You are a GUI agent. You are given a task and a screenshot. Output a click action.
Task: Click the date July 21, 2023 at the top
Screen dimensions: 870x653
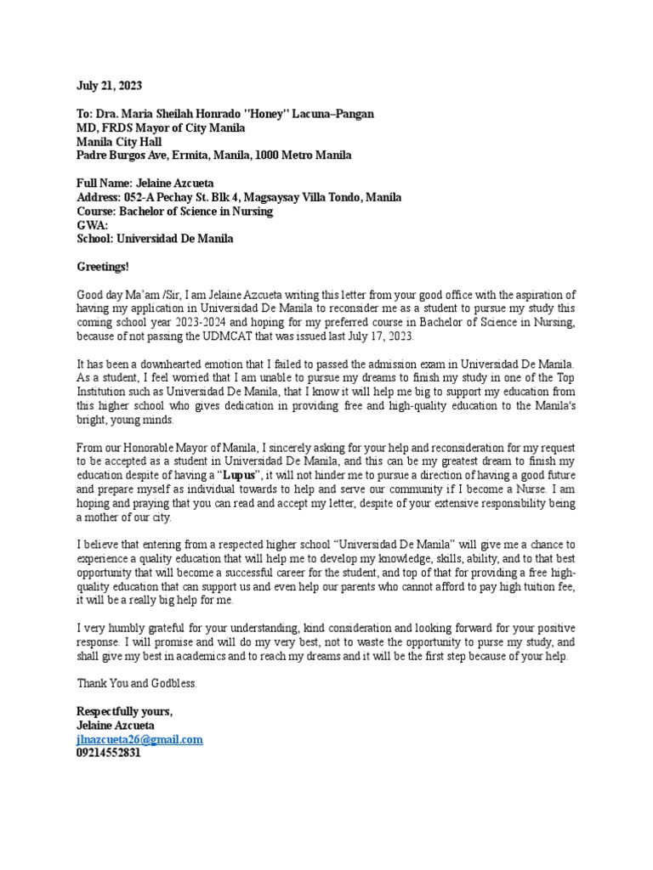110,86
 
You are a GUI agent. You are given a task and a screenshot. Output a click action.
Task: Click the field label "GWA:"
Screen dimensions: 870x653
93,225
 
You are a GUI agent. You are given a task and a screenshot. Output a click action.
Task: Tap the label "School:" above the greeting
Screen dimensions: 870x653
95,239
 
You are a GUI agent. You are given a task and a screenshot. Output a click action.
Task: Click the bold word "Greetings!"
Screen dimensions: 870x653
103,267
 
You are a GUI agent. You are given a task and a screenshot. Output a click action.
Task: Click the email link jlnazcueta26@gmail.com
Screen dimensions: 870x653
139,740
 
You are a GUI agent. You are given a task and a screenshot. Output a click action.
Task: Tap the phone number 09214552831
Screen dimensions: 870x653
109,754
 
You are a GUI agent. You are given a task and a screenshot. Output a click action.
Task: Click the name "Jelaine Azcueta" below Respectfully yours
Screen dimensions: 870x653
116,726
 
